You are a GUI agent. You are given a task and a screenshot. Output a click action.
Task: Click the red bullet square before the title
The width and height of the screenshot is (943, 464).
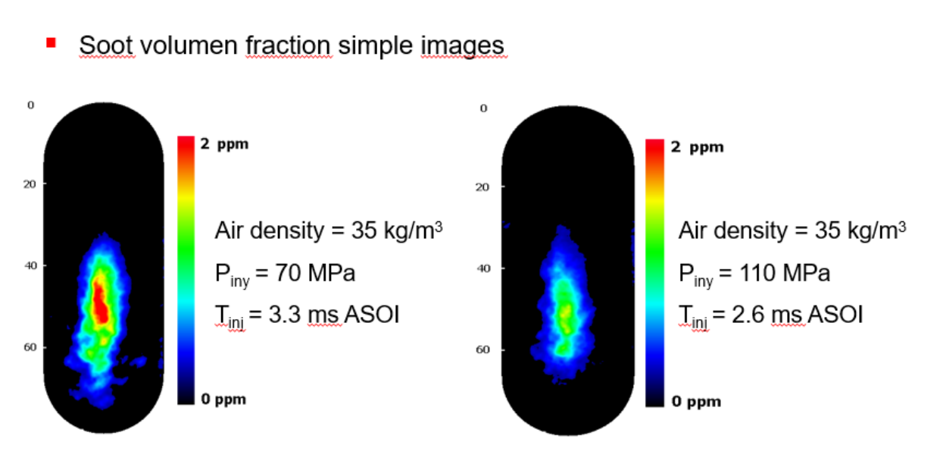coord(52,42)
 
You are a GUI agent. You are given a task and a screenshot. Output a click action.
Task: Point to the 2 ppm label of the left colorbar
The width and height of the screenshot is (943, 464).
coord(224,144)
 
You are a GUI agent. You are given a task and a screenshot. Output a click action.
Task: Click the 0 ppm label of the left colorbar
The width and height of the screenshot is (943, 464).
coord(223,400)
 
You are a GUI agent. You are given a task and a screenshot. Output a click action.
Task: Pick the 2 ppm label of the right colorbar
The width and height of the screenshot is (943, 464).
coord(697,147)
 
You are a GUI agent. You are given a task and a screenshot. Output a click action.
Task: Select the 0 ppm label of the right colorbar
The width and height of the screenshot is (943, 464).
coord(696,402)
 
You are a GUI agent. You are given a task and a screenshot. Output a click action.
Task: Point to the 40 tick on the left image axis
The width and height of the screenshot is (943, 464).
coord(31,265)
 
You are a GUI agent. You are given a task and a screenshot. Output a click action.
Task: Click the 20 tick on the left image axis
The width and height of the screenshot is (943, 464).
coord(31,183)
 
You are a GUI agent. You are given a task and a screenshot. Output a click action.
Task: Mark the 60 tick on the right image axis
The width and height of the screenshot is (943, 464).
coord(482,350)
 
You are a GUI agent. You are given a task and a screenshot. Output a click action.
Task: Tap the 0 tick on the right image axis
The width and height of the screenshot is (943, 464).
coord(483,108)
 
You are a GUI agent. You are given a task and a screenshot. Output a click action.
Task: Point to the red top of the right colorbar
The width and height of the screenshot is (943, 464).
coord(655,146)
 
